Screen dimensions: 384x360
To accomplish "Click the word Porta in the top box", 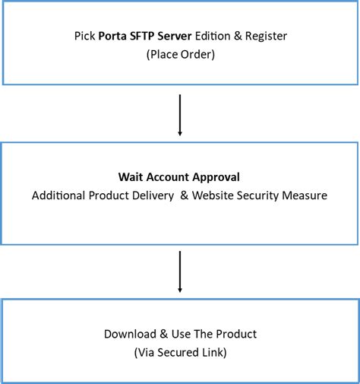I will pos(112,35).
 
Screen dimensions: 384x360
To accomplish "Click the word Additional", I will pos(58,195).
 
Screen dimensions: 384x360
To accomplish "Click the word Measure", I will pos(306,195).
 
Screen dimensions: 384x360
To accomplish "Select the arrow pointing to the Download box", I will pos(180,271).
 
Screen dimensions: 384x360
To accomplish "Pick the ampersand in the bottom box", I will pos(160,334).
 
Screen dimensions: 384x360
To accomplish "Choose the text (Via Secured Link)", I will pos(180,352).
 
